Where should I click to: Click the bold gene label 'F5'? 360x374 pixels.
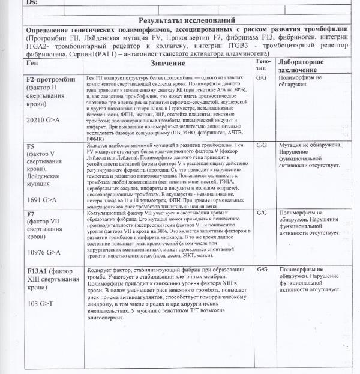[x=31, y=146]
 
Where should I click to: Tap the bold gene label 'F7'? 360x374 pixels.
[x=31, y=214]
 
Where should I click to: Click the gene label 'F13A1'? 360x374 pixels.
[x=38, y=271]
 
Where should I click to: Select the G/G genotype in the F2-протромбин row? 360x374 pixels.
[x=262, y=77]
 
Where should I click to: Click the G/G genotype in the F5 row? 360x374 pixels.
[x=262, y=145]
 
